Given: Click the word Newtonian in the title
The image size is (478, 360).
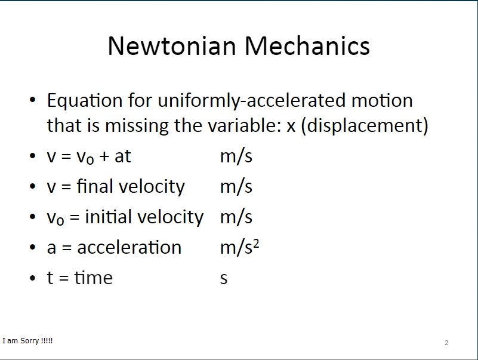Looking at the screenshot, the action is [172, 46].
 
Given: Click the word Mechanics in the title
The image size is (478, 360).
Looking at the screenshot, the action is [307, 46].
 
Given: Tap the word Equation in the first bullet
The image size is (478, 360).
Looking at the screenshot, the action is [85, 101].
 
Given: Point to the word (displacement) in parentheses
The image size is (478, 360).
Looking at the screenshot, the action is [365, 125].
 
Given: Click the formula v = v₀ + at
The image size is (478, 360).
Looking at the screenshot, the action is [89, 156].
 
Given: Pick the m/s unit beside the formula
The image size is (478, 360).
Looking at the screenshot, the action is [236, 156].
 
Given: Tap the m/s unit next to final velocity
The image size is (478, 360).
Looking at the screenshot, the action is [236, 186].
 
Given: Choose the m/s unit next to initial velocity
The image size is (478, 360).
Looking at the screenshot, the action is [236, 217].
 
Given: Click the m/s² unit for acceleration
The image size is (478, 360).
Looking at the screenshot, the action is [240, 247].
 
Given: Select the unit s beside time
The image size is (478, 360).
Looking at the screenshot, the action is [224, 279].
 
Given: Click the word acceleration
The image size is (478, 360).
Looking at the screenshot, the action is [129, 247].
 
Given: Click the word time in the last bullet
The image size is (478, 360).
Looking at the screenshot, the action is [94, 278].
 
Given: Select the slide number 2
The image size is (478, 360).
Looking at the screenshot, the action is [446, 343].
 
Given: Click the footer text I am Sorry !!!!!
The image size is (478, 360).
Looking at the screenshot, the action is [27, 341].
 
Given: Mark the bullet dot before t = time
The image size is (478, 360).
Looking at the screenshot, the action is [33, 278].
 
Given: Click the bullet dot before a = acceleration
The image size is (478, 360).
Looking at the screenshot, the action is [33, 247].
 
